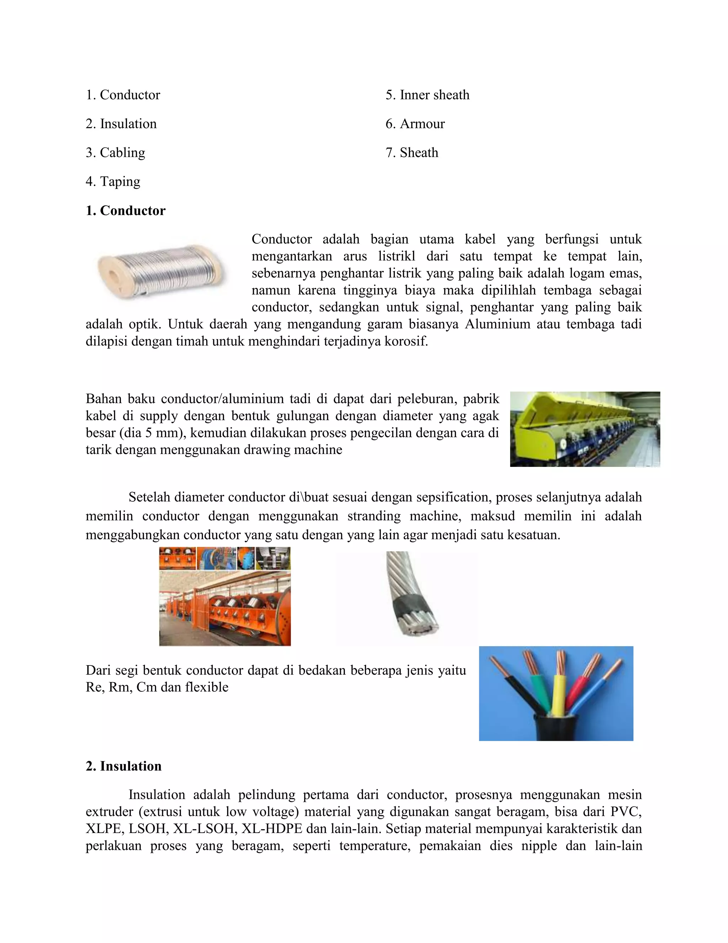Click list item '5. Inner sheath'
tap(427, 95)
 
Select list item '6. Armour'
tap(415, 124)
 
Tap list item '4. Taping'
tap(113, 181)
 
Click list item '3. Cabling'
tap(115, 152)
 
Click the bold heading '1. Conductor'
tap(125, 211)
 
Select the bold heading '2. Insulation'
tap(124, 766)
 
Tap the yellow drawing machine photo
tap(584, 429)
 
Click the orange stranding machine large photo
tap(225, 609)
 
